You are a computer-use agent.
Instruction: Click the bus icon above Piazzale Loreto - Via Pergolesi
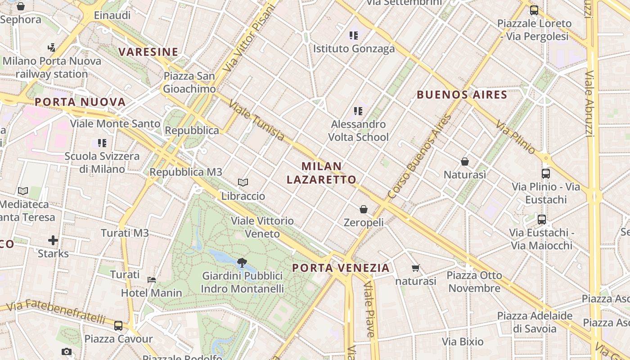tap(534, 10)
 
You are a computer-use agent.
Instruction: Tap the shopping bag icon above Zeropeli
tap(364, 209)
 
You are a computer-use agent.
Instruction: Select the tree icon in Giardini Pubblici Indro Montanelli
tap(242, 262)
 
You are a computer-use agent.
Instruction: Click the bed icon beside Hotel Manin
tap(152, 280)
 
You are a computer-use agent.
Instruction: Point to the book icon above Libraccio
tap(243, 183)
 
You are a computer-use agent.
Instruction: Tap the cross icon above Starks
tap(53, 240)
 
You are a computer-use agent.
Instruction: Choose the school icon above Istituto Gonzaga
tap(353, 35)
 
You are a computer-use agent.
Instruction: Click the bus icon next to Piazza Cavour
tap(118, 326)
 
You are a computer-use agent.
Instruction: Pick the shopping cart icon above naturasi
tap(416, 268)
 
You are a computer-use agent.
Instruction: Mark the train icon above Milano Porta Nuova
tap(51, 47)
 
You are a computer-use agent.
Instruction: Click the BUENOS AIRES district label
tap(462, 95)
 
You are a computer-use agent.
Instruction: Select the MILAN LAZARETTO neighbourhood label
tap(321, 173)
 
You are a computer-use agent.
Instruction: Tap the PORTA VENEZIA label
tap(341, 268)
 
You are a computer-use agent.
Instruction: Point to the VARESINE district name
tap(148, 52)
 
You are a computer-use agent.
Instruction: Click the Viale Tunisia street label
tap(256, 120)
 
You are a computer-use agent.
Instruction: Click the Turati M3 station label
tap(125, 233)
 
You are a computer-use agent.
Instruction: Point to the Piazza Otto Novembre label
tap(475, 282)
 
